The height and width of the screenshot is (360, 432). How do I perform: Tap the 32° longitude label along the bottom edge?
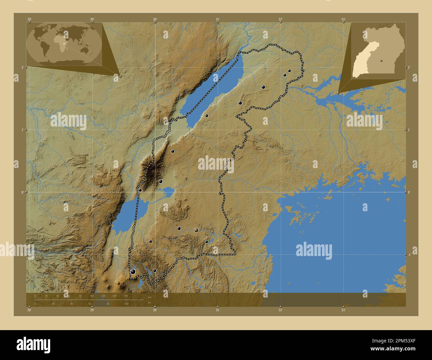(280, 310)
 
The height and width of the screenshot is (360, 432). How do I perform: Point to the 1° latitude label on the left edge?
(23, 130)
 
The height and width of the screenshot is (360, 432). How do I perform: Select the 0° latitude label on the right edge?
(409, 192)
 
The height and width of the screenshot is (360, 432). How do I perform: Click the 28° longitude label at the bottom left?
(30, 310)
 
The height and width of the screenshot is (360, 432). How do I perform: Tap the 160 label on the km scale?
(126, 296)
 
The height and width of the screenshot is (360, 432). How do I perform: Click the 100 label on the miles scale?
(126, 304)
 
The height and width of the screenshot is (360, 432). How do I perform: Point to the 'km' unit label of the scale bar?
(150, 298)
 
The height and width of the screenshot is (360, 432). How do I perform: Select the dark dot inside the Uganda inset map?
(382, 61)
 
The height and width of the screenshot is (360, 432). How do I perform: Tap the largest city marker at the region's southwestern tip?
(133, 272)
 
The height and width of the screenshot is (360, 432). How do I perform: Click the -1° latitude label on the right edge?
(409, 254)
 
